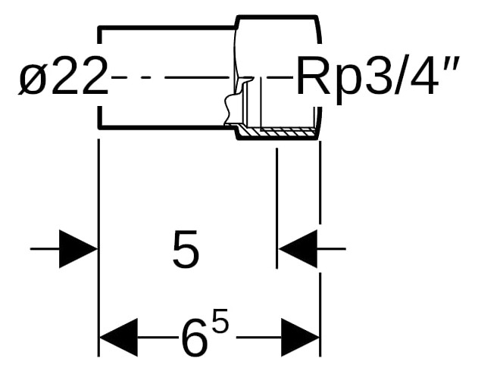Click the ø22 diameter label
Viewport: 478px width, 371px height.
click(64, 76)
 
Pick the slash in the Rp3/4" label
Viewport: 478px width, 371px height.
click(397, 75)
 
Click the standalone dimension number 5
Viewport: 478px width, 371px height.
click(186, 249)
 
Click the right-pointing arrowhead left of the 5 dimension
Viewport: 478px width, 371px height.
click(78, 249)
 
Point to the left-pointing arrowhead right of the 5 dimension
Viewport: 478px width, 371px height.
click(298, 249)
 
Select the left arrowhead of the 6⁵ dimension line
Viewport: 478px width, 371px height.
click(119, 338)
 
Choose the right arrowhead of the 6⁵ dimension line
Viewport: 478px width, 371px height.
click(300, 338)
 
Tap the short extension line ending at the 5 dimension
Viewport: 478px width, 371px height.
click(276, 208)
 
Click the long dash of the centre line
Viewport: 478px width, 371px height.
click(198, 78)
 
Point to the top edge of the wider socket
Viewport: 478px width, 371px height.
click(276, 17)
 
